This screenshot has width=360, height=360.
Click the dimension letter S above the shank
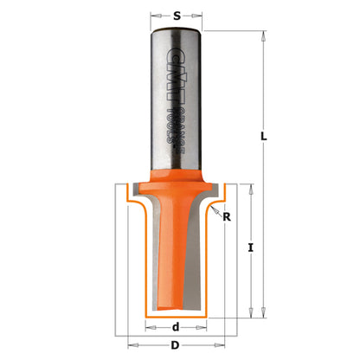pos(177,15)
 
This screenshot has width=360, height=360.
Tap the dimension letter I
pos(250,248)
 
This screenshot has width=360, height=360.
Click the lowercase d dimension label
pos(176,326)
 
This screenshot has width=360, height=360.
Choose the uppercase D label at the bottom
pos(176,347)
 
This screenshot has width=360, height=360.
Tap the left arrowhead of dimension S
pos(153,15)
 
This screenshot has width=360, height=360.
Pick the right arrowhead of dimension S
pos(202,15)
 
